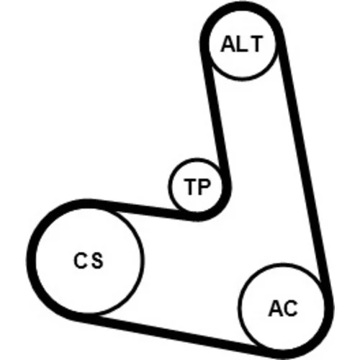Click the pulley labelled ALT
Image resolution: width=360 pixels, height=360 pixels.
point(242,45)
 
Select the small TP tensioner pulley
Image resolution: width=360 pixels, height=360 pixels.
point(196,186)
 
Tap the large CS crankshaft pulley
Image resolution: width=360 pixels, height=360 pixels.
point(89,261)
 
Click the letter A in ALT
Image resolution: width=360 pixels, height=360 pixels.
point(228,44)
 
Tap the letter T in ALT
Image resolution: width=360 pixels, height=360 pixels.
point(255,44)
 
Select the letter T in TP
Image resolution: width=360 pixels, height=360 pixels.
point(191,186)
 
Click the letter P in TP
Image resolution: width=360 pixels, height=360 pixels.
point(204,186)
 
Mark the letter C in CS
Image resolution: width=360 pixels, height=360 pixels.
point(81,261)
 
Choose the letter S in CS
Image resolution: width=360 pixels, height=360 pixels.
point(97,261)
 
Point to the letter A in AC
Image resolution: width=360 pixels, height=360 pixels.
point(275,308)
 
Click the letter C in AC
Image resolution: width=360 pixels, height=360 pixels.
point(290,308)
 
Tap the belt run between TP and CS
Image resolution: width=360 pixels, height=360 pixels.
point(142,209)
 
